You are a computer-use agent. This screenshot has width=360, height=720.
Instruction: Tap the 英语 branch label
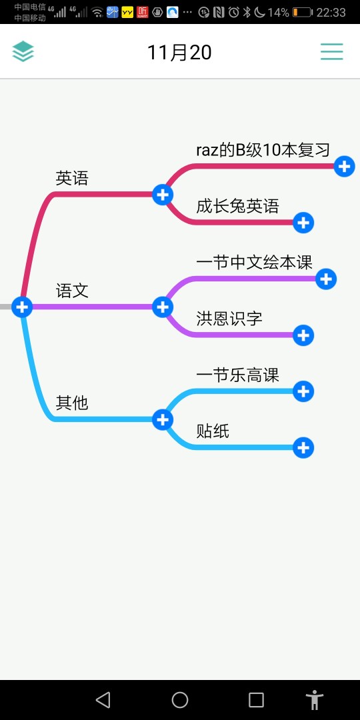click(x=71, y=178)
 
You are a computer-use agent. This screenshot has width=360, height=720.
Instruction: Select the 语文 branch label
click(x=72, y=291)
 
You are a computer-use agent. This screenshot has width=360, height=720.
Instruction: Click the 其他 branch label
click(x=71, y=403)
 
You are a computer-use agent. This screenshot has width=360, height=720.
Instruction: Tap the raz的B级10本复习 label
click(x=263, y=150)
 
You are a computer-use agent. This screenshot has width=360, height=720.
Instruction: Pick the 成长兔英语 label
click(x=237, y=206)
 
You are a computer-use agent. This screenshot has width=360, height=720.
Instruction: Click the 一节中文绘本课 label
click(x=255, y=263)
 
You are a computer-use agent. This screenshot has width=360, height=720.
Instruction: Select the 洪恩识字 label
click(x=229, y=318)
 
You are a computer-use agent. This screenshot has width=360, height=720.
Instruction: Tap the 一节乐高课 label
click(x=237, y=375)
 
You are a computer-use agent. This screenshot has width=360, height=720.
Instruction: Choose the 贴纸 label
click(x=213, y=431)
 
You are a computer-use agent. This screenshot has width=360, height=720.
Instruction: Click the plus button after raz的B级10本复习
click(x=345, y=166)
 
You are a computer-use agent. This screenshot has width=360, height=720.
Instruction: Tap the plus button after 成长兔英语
click(x=303, y=223)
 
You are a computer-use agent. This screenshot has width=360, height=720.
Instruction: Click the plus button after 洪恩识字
click(x=303, y=335)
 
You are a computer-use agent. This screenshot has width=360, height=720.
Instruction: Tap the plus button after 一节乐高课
click(x=303, y=391)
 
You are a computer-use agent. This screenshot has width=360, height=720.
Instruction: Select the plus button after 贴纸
click(x=303, y=448)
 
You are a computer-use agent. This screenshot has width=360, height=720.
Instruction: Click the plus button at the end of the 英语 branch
click(x=163, y=195)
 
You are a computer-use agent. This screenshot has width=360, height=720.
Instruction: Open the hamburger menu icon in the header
click(x=332, y=51)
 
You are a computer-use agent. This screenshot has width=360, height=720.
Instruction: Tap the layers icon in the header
click(x=23, y=51)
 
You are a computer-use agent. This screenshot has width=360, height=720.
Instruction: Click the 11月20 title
click(x=179, y=53)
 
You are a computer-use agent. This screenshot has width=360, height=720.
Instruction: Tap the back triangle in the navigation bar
click(x=103, y=700)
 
